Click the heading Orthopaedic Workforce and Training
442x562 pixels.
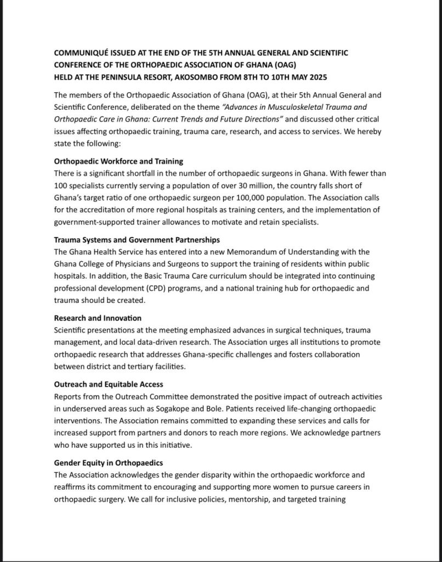118,161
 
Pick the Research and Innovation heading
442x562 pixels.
98,318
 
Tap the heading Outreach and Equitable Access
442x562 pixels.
108,385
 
